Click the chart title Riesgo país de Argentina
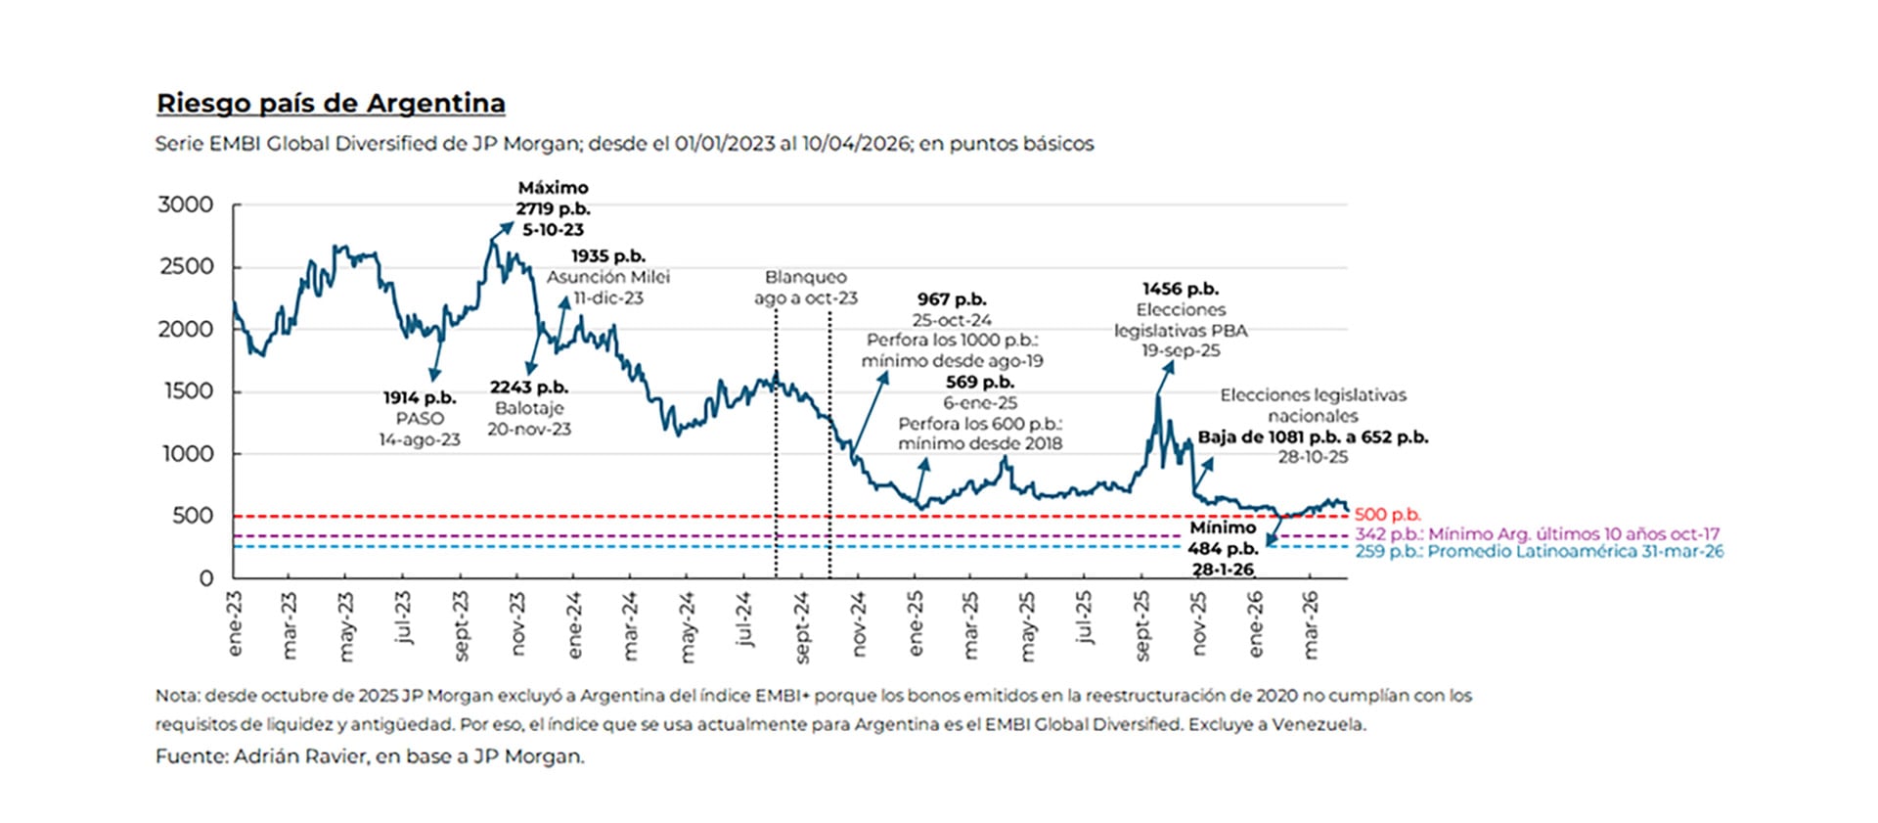coord(331,104)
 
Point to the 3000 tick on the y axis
coord(185,205)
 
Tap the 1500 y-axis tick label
coord(185,391)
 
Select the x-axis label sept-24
coord(802,627)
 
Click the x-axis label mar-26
coord(1311,624)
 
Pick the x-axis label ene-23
coord(234,623)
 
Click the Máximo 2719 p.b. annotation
coord(553,207)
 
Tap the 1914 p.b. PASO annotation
coord(420,418)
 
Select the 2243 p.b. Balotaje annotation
coord(529,408)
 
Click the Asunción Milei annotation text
coord(607,277)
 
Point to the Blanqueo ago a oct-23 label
coord(805,288)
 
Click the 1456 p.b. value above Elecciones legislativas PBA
coord(1180,289)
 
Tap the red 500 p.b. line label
coord(1387,515)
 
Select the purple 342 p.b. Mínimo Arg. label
coord(1536,534)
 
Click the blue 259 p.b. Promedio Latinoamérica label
coord(1539,552)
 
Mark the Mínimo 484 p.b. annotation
coord(1223,548)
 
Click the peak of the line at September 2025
coord(1159,395)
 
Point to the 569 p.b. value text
coord(979,383)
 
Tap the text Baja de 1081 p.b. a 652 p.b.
coord(1312,437)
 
